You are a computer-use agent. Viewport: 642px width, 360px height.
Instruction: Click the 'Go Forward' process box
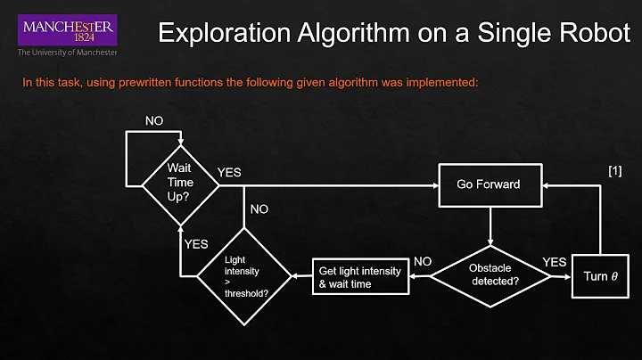coord(488,185)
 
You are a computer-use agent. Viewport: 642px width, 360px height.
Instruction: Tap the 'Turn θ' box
coord(600,275)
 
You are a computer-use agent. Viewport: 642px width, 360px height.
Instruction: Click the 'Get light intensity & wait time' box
coord(357,277)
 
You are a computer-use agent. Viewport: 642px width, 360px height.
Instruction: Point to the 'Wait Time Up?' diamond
coord(181,185)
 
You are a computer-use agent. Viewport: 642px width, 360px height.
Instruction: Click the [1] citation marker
coord(614,171)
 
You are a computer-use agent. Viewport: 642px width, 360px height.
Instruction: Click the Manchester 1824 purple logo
coord(66,30)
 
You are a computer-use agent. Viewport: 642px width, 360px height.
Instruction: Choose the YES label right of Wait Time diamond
coord(229,172)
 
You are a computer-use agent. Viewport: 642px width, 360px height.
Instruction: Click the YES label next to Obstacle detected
coord(554,261)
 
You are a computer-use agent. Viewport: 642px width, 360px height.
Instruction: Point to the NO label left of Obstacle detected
coord(424,261)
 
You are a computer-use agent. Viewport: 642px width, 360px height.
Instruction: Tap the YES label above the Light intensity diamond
coord(196,242)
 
